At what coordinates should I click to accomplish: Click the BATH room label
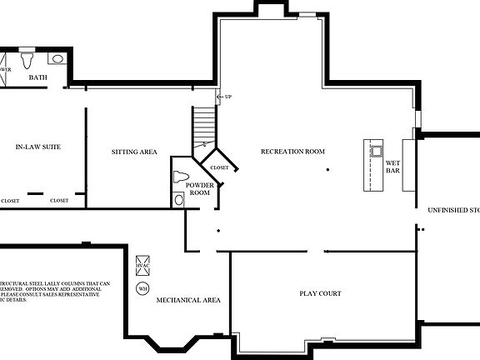pyautogui.click(x=38, y=77)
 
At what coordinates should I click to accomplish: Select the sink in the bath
pyautogui.click(x=57, y=58)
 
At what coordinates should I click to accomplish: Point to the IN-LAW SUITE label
pyautogui.click(x=38, y=147)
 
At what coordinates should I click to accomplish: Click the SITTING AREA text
pyautogui.click(x=135, y=152)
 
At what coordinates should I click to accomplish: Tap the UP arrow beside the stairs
pyautogui.click(x=223, y=97)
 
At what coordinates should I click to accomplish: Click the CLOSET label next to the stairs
pyautogui.click(x=219, y=167)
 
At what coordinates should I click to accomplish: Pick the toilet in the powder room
pyautogui.click(x=181, y=177)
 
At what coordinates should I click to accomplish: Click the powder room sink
pyautogui.click(x=177, y=199)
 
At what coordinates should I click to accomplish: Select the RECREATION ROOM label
pyautogui.click(x=292, y=151)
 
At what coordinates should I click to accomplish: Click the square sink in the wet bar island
pyautogui.click(x=376, y=151)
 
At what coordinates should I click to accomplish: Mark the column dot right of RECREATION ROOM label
pyautogui.click(x=328, y=169)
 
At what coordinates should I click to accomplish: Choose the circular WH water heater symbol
pyautogui.click(x=143, y=288)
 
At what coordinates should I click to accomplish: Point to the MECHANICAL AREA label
pyautogui.click(x=188, y=300)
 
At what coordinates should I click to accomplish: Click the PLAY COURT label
pyautogui.click(x=320, y=293)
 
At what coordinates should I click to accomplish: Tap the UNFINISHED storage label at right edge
pyautogui.click(x=453, y=209)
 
